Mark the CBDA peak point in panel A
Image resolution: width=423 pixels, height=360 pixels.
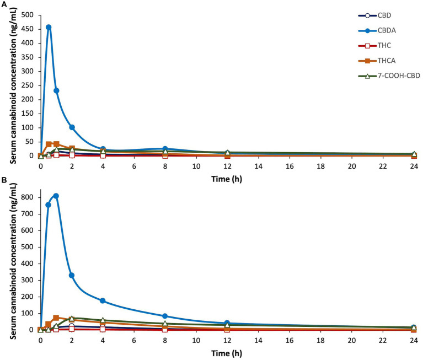(49, 27)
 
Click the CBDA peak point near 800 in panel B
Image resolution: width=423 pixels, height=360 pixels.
(56, 196)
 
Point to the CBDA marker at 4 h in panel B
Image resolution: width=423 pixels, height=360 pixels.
(103, 300)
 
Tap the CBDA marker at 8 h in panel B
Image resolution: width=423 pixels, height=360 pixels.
(165, 316)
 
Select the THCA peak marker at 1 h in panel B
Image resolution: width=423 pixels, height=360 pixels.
(56, 318)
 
